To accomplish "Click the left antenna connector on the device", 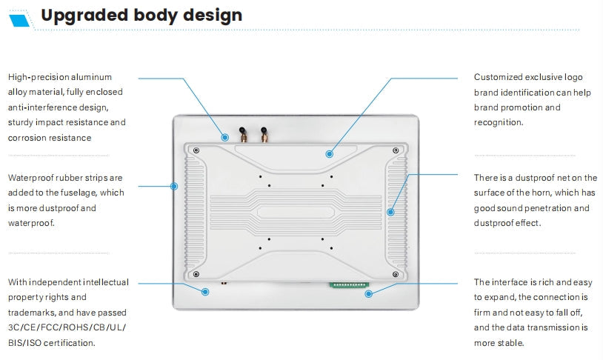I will (x=241, y=134).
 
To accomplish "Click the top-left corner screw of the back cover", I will (x=196, y=150).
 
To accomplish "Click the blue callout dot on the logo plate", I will (x=329, y=154).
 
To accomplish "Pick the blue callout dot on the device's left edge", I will (x=175, y=186).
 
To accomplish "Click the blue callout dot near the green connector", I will (x=367, y=293).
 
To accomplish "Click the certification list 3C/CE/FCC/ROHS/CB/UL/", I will (x=67, y=327).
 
